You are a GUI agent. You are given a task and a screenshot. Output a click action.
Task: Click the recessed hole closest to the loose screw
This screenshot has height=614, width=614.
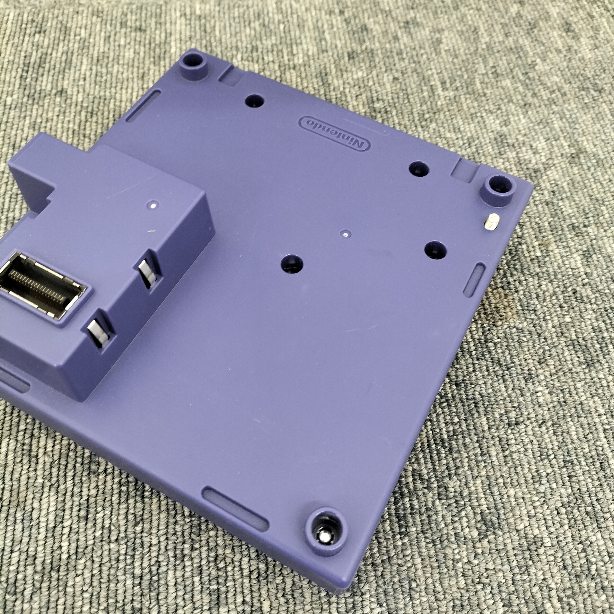pos(435,250)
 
